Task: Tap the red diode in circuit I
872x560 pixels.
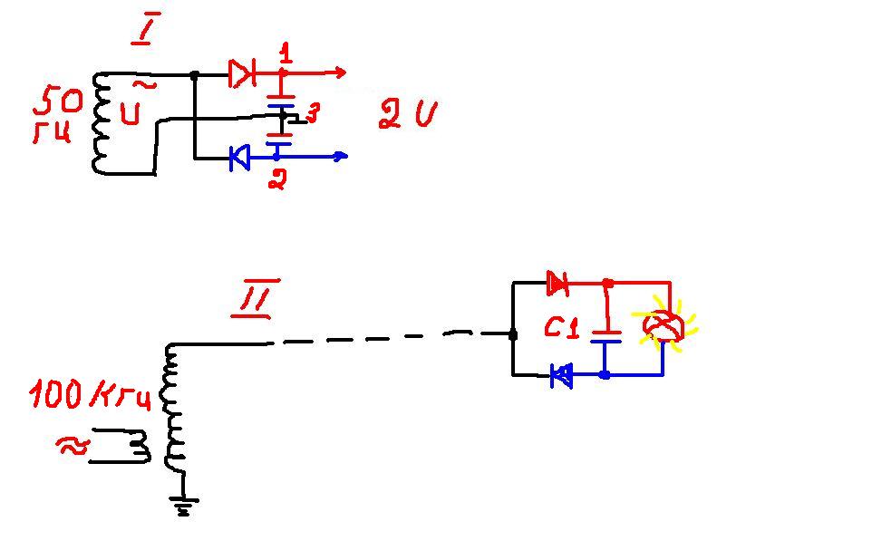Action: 241,73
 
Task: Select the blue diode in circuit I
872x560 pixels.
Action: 239,159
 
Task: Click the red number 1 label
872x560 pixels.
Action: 286,53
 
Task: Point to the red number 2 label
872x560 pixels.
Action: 278,179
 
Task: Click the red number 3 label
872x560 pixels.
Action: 312,113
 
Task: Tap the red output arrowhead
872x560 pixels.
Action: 339,72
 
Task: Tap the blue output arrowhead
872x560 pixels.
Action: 340,156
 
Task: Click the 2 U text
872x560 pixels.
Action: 407,115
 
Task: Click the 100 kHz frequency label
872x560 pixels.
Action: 91,395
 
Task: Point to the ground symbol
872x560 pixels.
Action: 185,505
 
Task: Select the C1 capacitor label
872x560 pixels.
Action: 561,327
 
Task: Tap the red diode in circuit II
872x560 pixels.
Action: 557,285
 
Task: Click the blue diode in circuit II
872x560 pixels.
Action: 562,374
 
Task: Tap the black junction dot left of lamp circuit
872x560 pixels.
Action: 513,334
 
